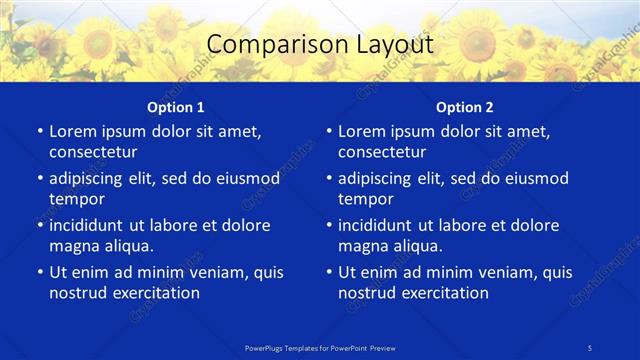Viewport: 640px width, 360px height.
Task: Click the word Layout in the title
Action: pyautogui.click(x=391, y=44)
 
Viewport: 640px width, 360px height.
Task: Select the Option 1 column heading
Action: pyautogui.click(x=175, y=106)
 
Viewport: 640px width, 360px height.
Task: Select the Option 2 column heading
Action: pyautogui.click(x=464, y=106)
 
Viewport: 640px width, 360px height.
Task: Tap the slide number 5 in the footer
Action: pyautogui.click(x=591, y=347)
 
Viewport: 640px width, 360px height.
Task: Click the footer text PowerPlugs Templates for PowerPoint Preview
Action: pyautogui.click(x=320, y=347)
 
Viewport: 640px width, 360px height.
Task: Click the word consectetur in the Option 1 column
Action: pyautogui.click(x=93, y=152)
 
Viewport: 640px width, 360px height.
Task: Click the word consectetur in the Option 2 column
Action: pyautogui.click(x=382, y=152)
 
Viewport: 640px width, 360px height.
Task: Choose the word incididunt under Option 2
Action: pyautogui.click(x=381, y=225)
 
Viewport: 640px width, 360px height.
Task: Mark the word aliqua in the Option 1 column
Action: pyautogui.click(x=128, y=246)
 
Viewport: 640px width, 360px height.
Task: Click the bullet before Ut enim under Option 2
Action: pyautogui.click(x=329, y=272)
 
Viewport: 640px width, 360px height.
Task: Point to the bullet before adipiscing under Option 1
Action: pyautogui.click(x=40, y=179)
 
